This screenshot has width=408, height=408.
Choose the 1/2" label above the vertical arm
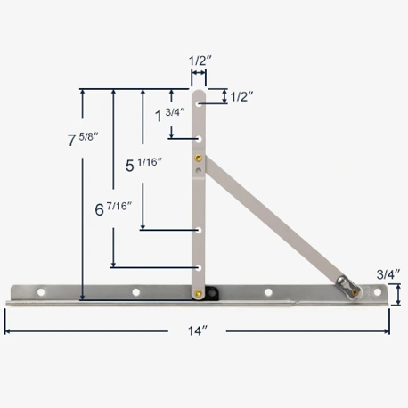pos(200,61)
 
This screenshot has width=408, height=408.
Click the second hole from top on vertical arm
pos(200,138)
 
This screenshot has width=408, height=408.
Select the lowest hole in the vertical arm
pos(200,265)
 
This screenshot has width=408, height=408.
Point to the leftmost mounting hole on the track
pos(39,291)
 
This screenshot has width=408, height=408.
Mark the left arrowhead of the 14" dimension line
pos(8,330)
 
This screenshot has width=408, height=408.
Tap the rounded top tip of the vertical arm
pos(200,91)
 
